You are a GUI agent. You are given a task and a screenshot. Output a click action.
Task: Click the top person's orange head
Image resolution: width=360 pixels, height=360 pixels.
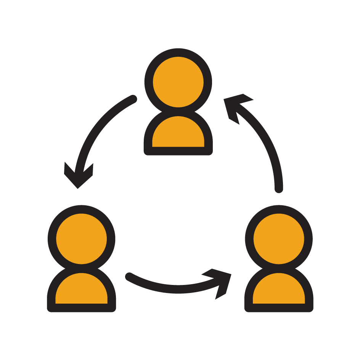click(178, 82)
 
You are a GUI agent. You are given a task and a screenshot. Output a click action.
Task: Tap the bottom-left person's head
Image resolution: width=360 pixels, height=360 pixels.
click(81, 239)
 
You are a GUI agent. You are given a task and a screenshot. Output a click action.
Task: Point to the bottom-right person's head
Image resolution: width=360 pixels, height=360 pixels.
click(279, 239)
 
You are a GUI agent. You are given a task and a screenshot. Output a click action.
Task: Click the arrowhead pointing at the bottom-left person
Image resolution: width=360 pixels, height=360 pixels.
click(78, 177)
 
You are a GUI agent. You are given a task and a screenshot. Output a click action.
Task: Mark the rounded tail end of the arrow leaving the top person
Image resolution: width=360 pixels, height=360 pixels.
click(133, 99)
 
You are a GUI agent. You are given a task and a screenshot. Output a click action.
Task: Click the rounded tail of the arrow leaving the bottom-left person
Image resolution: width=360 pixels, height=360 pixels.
click(129, 276)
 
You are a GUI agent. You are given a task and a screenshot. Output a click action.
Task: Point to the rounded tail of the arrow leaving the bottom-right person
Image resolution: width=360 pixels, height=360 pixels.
click(279, 188)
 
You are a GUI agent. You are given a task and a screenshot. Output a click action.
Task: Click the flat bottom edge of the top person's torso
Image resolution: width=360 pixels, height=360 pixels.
click(178, 151)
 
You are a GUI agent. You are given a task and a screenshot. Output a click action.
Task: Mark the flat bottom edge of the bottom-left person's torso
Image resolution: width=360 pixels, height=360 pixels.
click(81, 308)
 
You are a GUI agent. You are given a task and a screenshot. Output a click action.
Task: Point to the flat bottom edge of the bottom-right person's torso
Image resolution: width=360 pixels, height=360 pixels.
click(279, 308)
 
